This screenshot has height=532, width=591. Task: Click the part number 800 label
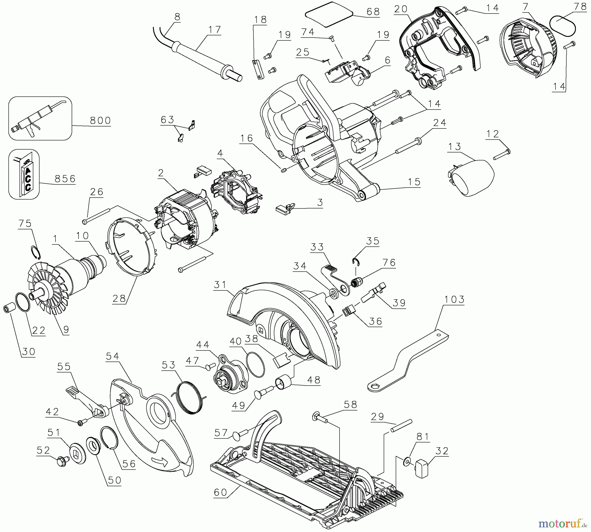(x=100, y=120)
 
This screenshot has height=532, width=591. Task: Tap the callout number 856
(x=65, y=179)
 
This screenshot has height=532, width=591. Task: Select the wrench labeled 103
(x=407, y=362)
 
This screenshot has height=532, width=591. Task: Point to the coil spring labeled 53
(x=190, y=396)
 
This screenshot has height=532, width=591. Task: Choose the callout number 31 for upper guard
(x=220, y=284)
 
